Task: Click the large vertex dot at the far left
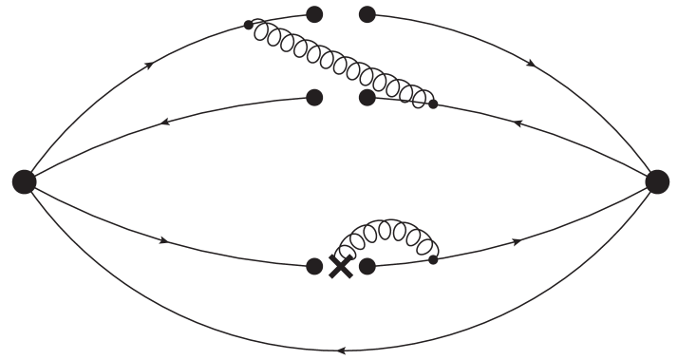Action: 24,181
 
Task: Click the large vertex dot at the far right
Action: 656,181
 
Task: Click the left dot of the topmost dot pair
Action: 314,14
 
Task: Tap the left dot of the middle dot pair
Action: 314,97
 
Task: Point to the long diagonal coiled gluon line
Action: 342,63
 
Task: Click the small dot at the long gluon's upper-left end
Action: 249,25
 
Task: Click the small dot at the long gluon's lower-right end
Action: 434,104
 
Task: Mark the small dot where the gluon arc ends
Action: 434,258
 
